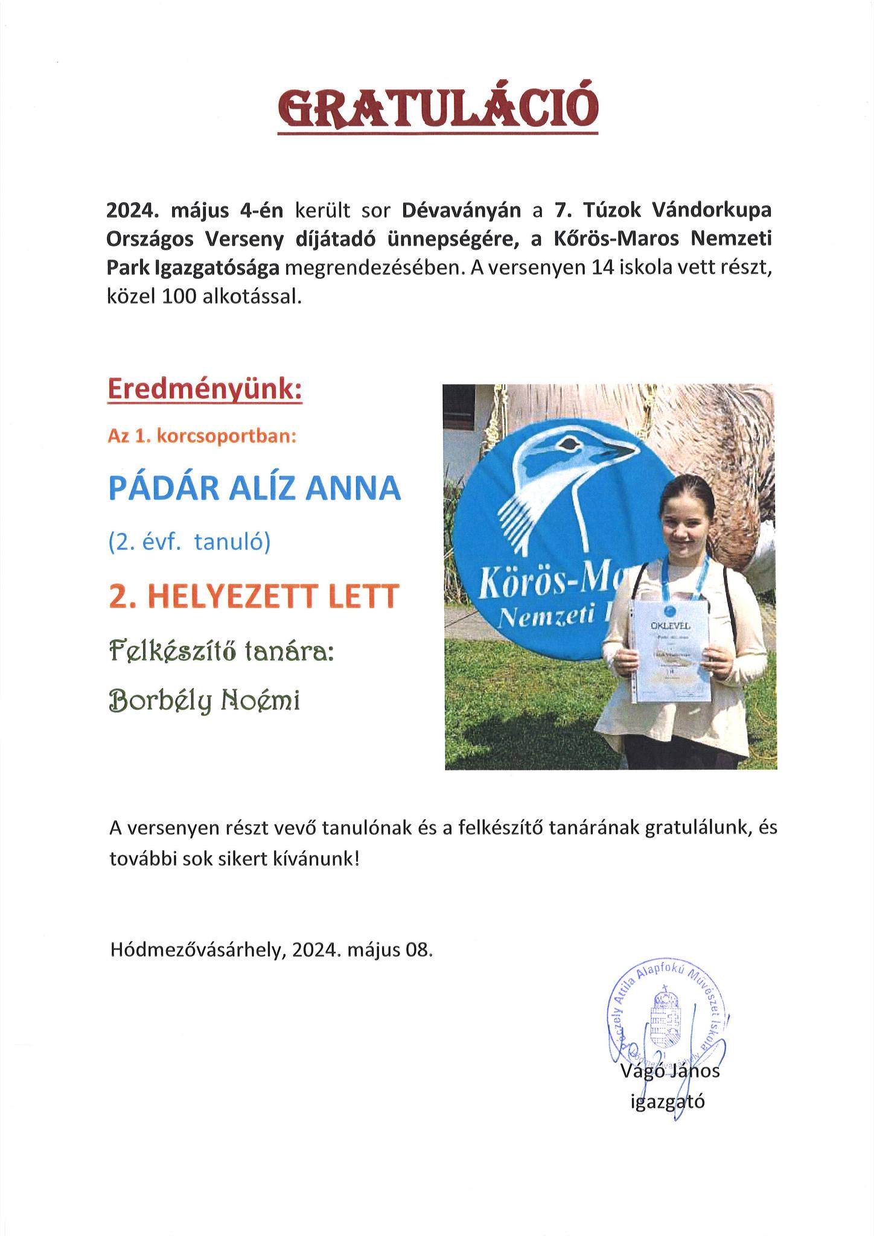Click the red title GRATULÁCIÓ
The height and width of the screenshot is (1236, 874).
(x=438, y=109)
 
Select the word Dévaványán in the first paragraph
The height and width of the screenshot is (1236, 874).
(x=462, y=211)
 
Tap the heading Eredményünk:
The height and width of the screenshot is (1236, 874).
(x=205, y=390)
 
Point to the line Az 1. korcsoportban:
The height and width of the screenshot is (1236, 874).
(x=202, y=436)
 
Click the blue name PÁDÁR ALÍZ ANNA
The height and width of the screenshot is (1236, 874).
(x=254, y=489)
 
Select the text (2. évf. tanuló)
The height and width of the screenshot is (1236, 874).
(x=190, y=543)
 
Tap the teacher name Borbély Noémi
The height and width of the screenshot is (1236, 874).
(x=204, y=701)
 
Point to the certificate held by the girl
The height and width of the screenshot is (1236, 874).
(x=671, y=652)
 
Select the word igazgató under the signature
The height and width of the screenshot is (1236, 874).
(x=668, y=1102)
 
